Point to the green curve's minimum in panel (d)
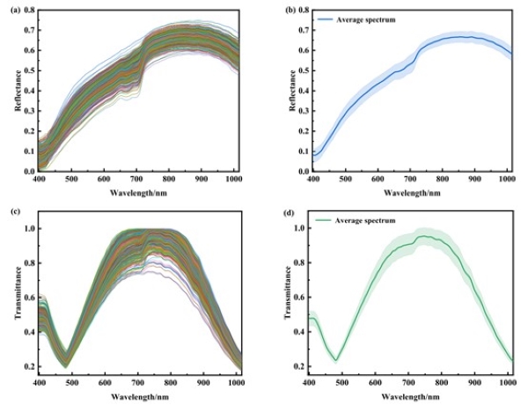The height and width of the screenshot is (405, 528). click(x=335, y=360)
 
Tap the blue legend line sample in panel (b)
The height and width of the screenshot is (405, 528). click(x=321, y=17)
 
